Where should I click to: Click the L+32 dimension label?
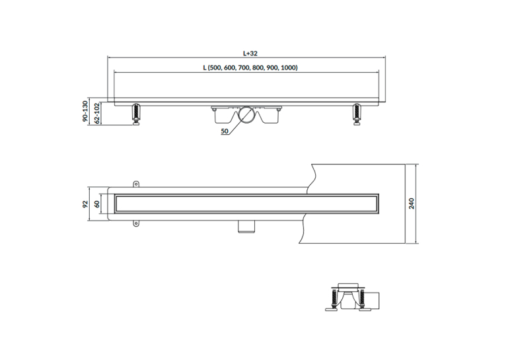(x=250, y=54)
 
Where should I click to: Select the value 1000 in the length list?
(x=288, y=68)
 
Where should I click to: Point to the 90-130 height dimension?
(x=85, y=111)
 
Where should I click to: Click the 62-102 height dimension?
(x=96, y=114)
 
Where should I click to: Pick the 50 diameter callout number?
(x=225, y=131)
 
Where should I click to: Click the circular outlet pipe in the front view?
(x=248, y=115)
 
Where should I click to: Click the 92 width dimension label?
(x=85, y=204)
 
